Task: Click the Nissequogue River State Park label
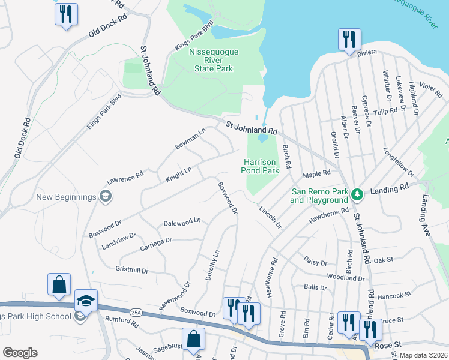[x=211, y=60]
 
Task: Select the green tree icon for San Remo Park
[x=357, y=194]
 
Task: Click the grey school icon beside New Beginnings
[x=106, y=196]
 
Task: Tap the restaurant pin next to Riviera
[x=349, y=40]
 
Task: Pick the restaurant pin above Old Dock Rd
[x=66, y=14]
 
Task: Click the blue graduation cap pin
[x=86, y=301]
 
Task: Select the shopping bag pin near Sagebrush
[x=194, y=340]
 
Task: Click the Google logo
[x=19, y=353]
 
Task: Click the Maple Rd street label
[x=317, y=174]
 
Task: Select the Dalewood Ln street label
[x=182, y=222]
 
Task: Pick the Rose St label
[x=388, y=346]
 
